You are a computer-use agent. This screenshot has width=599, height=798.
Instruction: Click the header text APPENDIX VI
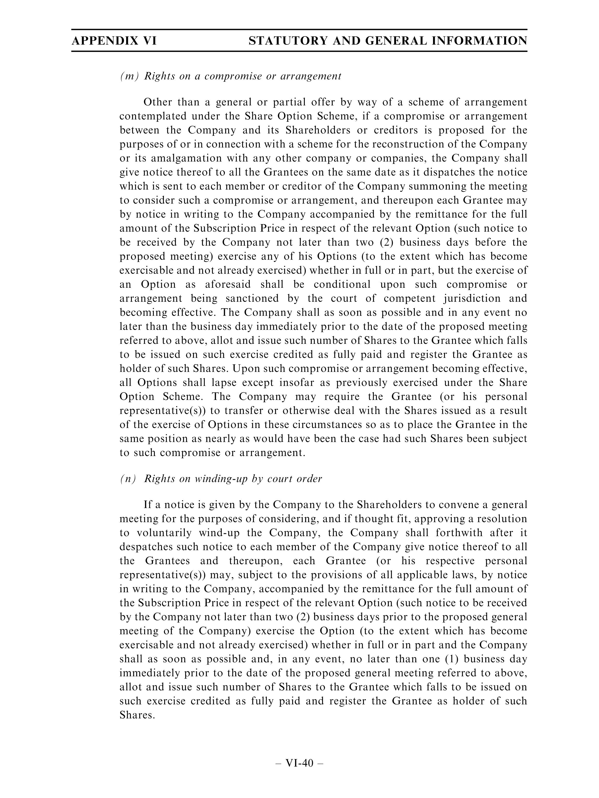pyautogui.click(x=114, y=40)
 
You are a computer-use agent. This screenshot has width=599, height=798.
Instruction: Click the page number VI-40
pyautogui.click(x=299, y=763)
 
